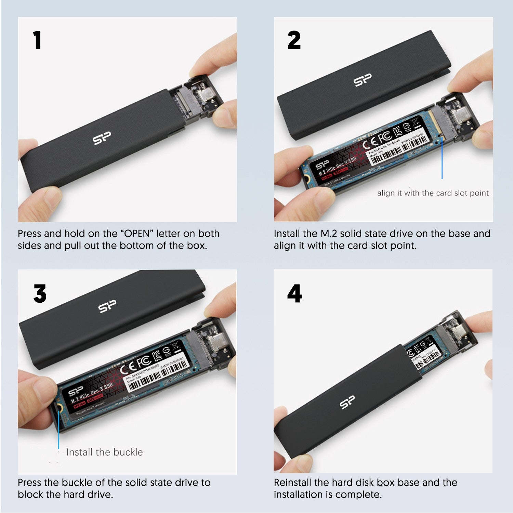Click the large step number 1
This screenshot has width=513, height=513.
click(37, 40)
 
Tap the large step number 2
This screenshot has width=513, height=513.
click(294, 40)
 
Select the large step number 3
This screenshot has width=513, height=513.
click(40, 294)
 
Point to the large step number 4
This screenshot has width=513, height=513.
click(294, 294)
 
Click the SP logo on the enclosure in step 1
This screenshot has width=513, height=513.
click(102, 138)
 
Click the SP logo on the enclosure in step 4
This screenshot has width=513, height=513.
click(347, 402)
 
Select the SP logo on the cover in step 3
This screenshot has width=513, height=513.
click(107, 306)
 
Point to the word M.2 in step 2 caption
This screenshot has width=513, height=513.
click(329, 234)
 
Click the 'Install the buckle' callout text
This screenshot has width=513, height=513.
click(104, 452)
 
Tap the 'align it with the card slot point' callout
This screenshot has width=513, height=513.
click(433, 193)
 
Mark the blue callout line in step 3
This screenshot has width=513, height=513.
click(59, 428)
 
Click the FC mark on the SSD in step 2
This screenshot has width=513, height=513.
click(385, 136)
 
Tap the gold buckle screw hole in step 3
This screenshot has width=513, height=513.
click(59, 408)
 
